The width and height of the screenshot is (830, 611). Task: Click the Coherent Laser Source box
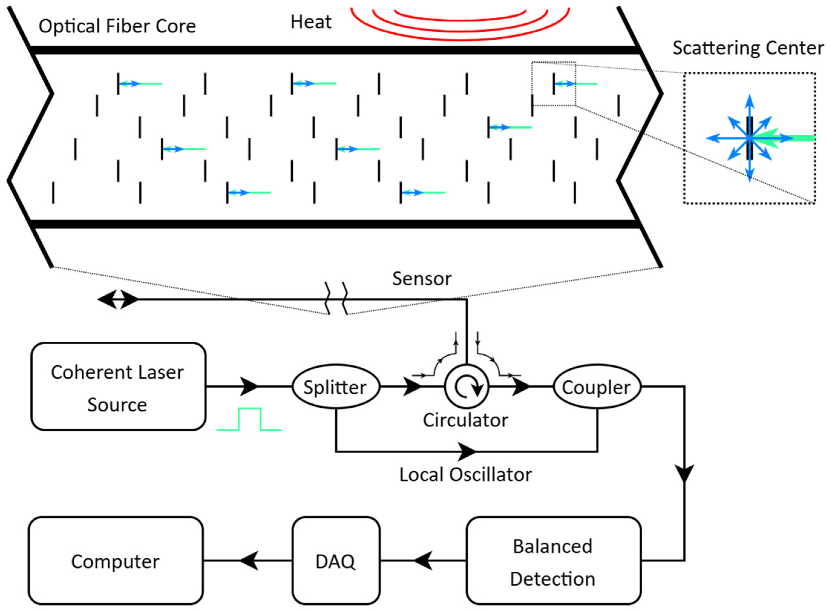(x=118, y=386)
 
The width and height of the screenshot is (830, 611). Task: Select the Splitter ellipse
(x=336, y=386)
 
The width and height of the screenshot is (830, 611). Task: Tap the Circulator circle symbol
(x=467, y=386)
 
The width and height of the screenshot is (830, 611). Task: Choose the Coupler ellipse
(x=596, y=386)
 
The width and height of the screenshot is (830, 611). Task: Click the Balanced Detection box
(x=553, y=561)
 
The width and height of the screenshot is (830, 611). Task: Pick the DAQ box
(x=336, y=561)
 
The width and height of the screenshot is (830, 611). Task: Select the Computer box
(x=115, y=561)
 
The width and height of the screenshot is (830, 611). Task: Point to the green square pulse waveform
(x=250, y=419)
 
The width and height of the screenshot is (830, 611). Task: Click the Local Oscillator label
(x=466, y=475)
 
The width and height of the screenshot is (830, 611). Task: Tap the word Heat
(x=311, y=22)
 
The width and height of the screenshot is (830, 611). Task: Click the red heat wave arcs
(x=460, y=26)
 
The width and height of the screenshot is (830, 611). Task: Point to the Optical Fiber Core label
(x=117, y=26)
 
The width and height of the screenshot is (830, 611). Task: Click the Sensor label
(x=421, y=279)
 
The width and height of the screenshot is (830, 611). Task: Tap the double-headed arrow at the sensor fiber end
(x=118, y=299)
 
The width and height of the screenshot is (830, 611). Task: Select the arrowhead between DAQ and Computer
(x=249, y=561)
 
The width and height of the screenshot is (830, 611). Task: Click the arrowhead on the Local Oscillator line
(x=467, y=452)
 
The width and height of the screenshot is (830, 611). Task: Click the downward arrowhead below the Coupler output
(x=684, y=473)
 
